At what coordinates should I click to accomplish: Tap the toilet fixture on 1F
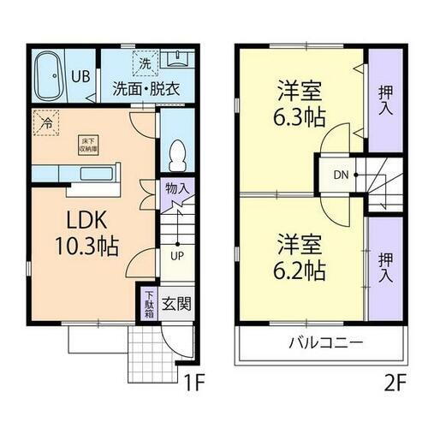(177, 156)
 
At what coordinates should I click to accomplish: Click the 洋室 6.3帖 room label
(298, 100)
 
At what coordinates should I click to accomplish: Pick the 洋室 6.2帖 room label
(298, 259)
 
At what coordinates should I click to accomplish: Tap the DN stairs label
(341, 176)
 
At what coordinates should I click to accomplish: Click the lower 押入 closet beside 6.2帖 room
(384, 265)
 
